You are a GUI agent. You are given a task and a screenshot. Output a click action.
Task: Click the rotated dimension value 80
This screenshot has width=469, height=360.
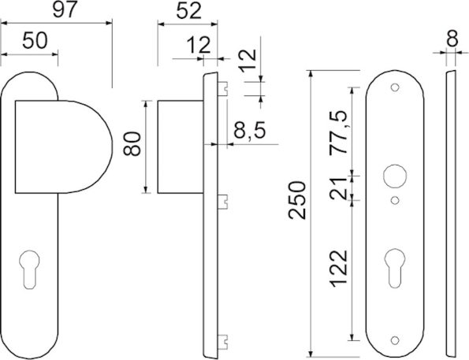(133, 145)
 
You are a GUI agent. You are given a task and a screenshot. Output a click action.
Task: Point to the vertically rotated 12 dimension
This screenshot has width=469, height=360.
(248, 61)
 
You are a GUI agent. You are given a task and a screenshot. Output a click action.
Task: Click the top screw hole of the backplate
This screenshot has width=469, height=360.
(395, 87)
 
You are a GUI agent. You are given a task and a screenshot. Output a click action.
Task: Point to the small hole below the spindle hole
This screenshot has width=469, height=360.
(395, 202)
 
